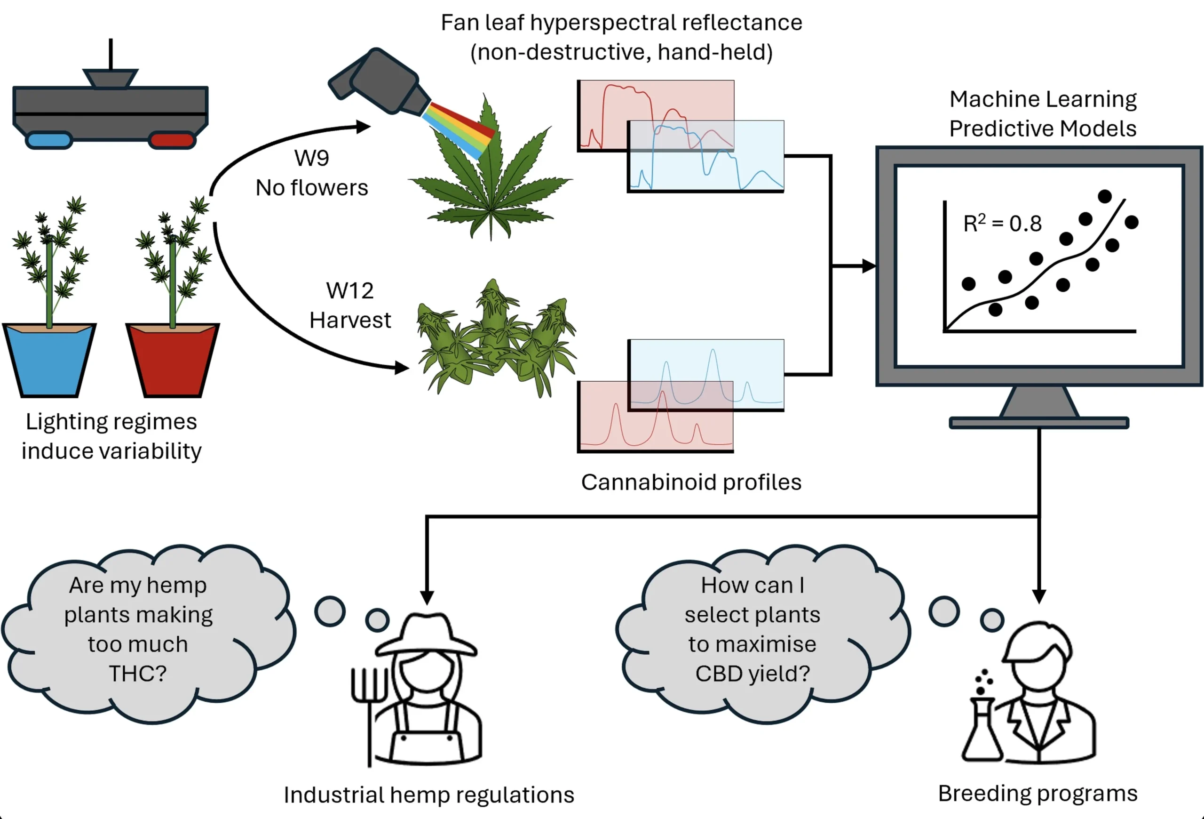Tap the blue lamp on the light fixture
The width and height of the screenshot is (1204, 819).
point(49,140)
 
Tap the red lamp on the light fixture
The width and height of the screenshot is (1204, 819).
point(172,140)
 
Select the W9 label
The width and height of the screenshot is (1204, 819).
point(311,158)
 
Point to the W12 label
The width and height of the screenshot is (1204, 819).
point(350,291)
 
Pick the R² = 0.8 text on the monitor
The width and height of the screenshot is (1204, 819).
point(1002,224)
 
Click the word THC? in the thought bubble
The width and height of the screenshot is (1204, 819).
point(138,674)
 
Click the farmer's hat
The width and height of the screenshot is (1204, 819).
point(426,635)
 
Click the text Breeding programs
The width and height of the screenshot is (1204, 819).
point(1038,794)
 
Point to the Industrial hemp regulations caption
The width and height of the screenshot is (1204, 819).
point(429,795)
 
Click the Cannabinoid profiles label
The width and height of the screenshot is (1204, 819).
point(691,482)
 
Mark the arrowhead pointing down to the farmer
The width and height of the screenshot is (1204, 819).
point(427,598)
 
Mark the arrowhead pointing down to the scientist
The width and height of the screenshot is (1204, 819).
point(1039,597)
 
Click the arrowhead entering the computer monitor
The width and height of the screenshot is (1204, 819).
point(869,266)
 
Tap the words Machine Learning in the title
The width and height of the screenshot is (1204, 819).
point(1043,99)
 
